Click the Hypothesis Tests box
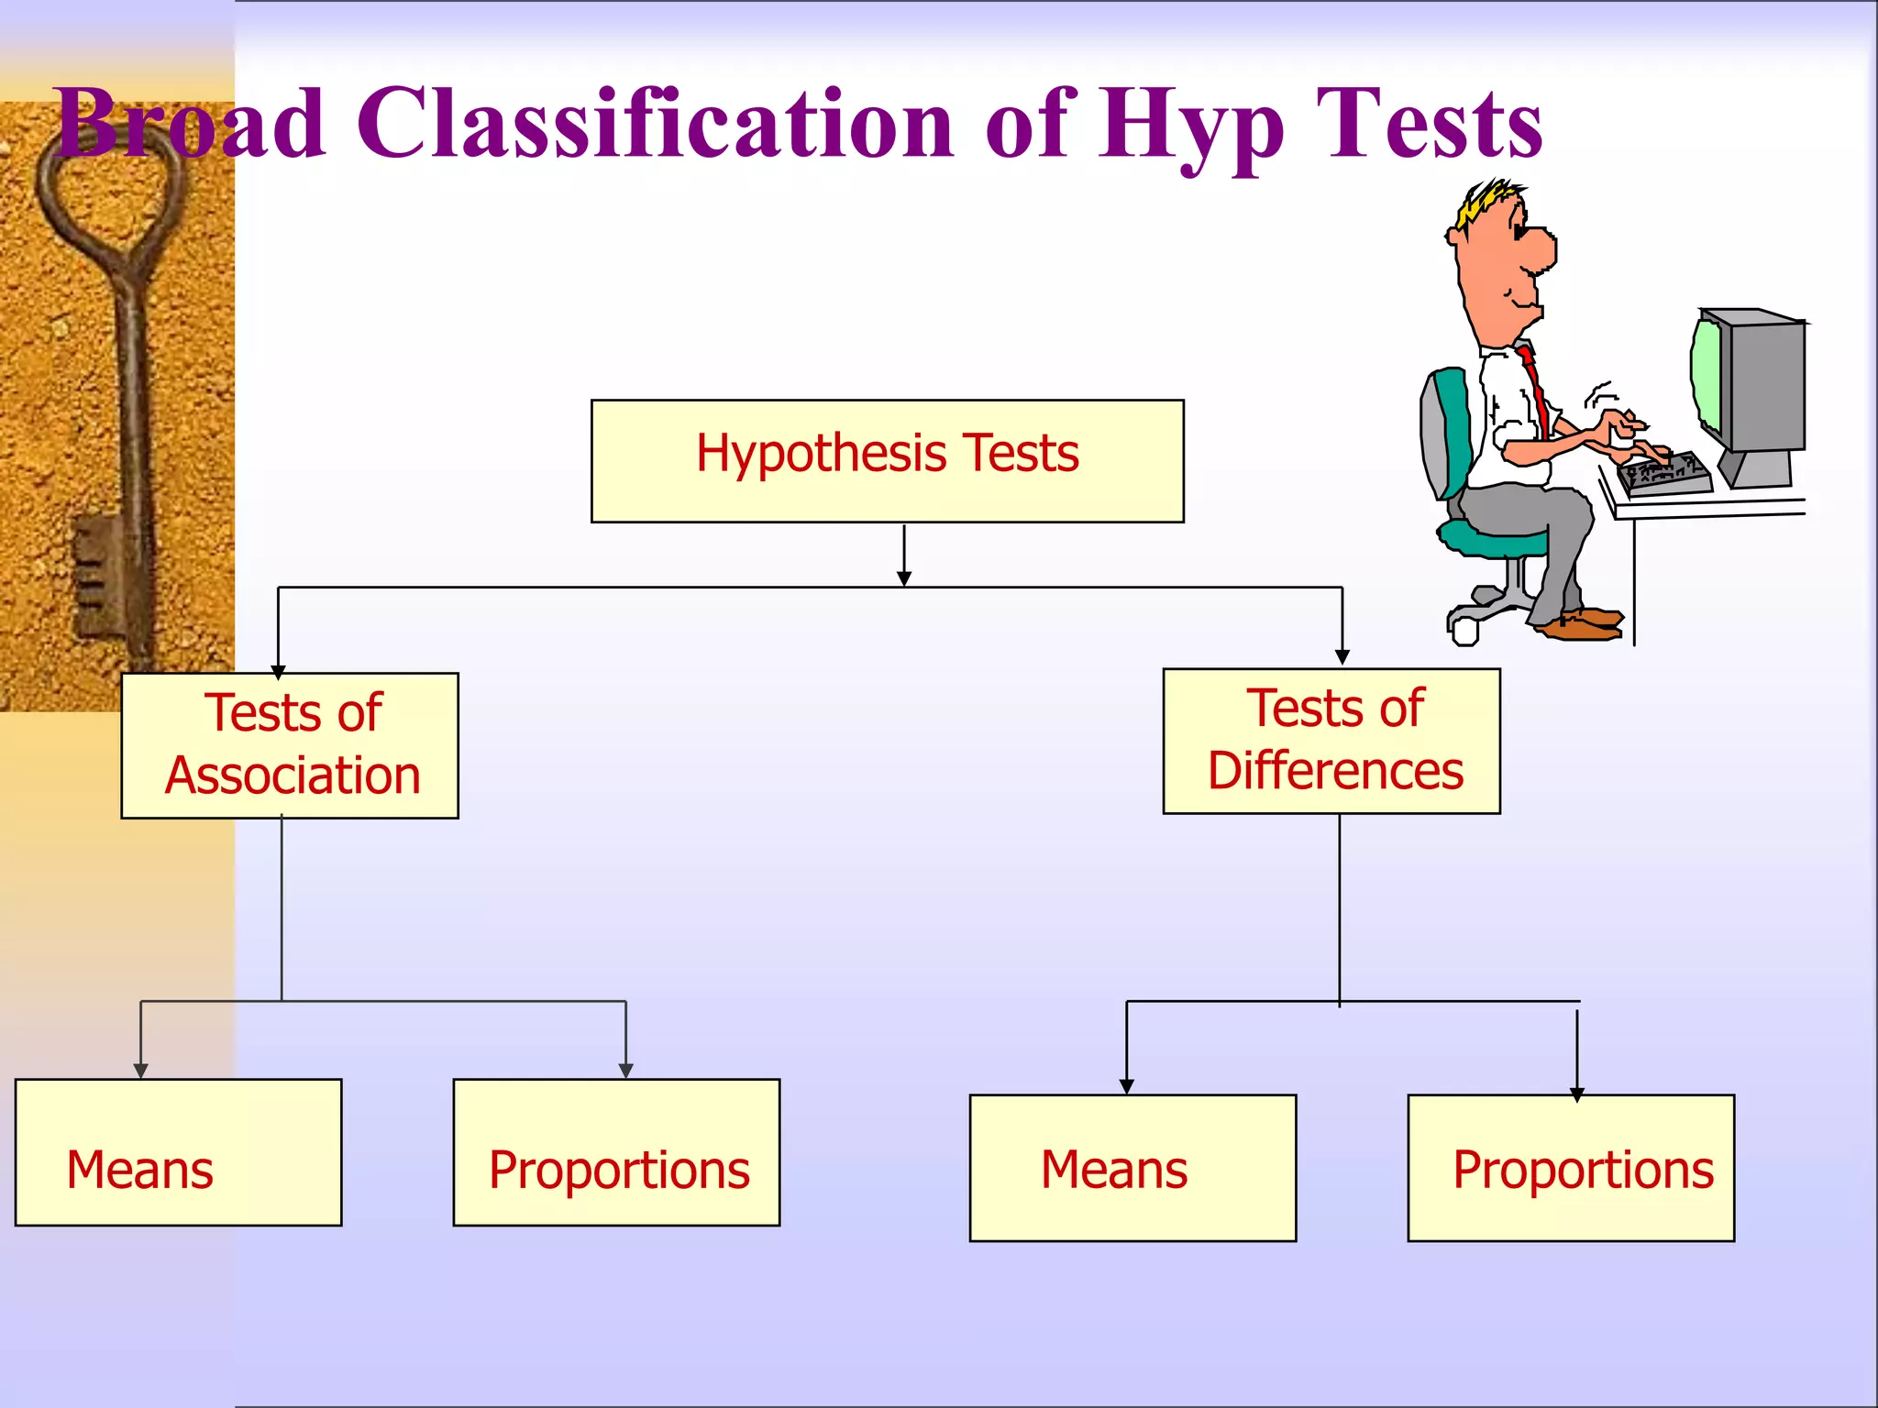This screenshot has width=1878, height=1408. point(887,460)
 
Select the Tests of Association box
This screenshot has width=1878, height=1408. point(290,745)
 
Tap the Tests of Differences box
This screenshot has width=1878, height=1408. point(1331,741)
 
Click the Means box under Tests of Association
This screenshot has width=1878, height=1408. point(178,1152)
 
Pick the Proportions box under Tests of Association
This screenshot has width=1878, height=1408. point(616,1152)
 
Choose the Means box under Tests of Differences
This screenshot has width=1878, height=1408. point(1132,1168)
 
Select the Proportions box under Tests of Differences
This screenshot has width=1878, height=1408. point(1571,1168)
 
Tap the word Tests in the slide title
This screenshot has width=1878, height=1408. point(1431,124)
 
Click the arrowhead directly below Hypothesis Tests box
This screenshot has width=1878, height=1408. point(904,578)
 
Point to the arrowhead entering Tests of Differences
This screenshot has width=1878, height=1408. point(1342,656)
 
